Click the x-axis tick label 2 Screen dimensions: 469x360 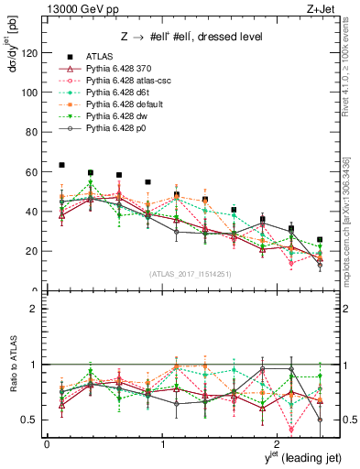(x=279, y=443)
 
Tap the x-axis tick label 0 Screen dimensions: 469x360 (x=47, y=443)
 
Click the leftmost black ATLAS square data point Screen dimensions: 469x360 (x=61, y=165)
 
